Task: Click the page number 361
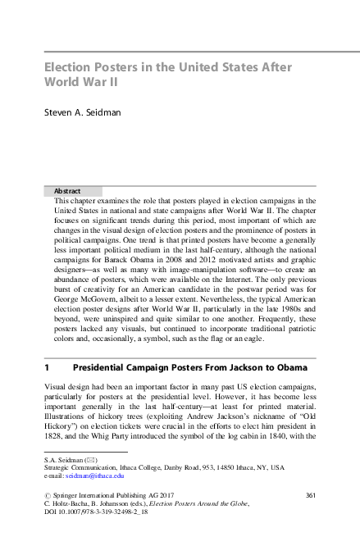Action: pos(310,495)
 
